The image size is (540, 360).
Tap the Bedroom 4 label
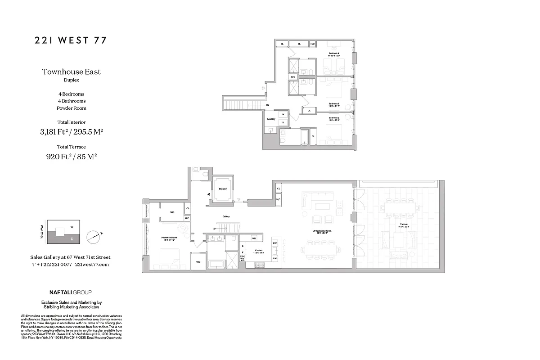pyautogui.click(x=334, y=54)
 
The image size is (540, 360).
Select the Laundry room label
pyautogui.click(x=271, y=119)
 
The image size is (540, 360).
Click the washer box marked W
pyautogui.click(x=283, y=115)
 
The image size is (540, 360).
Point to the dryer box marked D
pyautogui.click(x=283, y=122)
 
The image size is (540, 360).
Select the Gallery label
pyautogui.click(x=226, y=216)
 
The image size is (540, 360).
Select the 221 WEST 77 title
pyautogui.click(x=71, y=40)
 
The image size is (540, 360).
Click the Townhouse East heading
pyautogui.click(x=71, y=72)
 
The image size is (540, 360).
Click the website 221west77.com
pyautogui.click(x=92, y=265)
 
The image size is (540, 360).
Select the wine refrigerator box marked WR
pyautogui.click(x=254, y=238)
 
